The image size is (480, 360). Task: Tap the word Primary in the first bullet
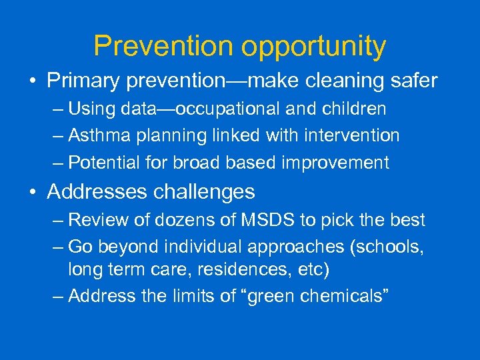point(83,81)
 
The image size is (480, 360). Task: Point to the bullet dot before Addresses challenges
point(33,193)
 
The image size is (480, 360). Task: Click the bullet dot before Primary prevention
point(33,82)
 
